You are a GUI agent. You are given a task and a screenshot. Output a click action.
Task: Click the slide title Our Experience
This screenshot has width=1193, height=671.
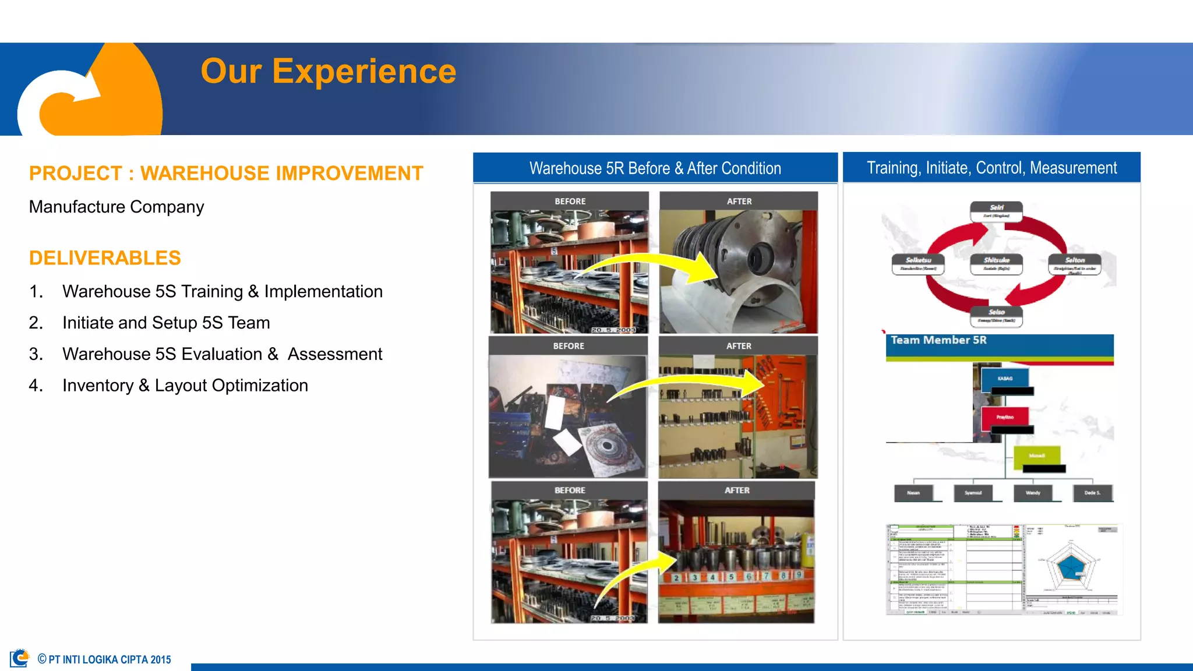click(328, 72)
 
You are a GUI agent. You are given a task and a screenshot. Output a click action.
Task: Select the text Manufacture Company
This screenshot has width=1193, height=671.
click(117, 207)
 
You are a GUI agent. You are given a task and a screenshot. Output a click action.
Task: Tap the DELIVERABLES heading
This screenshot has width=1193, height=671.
click(105, 258)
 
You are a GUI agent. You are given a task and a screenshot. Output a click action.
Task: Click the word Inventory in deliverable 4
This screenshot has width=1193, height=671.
click(98, 386)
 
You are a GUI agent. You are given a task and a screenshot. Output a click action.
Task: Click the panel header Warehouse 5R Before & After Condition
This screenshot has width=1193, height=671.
click(655, 168)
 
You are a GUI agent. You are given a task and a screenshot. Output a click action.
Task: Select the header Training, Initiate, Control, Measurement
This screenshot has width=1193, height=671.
click(991, 168)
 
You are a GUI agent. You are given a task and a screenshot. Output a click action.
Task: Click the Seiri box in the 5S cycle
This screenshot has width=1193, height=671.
click(996, 211)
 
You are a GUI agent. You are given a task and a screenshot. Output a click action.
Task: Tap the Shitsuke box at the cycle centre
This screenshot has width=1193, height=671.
click(996, 264)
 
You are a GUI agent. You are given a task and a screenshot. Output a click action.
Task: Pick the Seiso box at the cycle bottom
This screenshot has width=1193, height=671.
click(996, 316)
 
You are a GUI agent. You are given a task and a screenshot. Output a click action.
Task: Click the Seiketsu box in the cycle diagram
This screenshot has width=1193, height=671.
click(918, 264)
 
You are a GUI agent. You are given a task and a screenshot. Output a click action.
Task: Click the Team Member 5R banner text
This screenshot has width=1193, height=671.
click(938, 340)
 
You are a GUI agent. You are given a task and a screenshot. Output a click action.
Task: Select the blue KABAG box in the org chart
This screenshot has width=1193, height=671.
click(1005, 379)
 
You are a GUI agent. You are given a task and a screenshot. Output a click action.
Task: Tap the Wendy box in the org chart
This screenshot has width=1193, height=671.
click(1033, 493)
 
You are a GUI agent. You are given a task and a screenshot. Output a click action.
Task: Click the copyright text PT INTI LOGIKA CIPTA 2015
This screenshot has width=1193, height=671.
click(109, 659)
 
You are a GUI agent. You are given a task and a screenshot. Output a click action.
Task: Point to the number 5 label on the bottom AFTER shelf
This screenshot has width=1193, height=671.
click(731, 577)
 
